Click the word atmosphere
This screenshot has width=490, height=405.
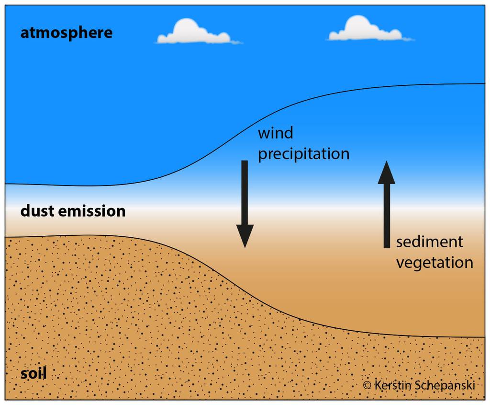[66, 33]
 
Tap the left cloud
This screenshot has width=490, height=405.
[194, 33]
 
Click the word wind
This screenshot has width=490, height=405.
[275, 133]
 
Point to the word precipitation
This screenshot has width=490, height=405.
[303, 154]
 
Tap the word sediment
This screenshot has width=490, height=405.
[429, 242]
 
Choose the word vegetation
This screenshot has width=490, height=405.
[434, 263]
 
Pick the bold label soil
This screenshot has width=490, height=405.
[33, 373]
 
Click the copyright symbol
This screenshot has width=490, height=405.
[367, 385]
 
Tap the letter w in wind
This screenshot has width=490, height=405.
[264, 134]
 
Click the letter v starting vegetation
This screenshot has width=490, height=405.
[401, 263]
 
